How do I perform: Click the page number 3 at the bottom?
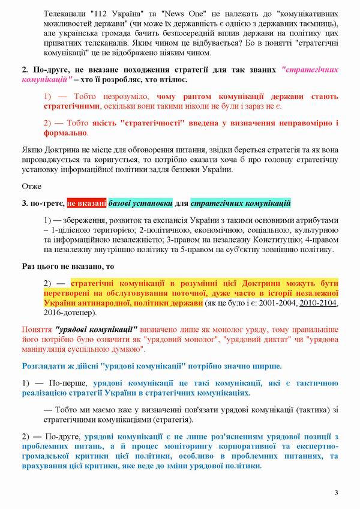336,493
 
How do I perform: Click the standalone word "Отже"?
31,185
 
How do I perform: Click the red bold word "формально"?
65,133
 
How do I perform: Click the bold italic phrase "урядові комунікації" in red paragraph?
97,329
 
